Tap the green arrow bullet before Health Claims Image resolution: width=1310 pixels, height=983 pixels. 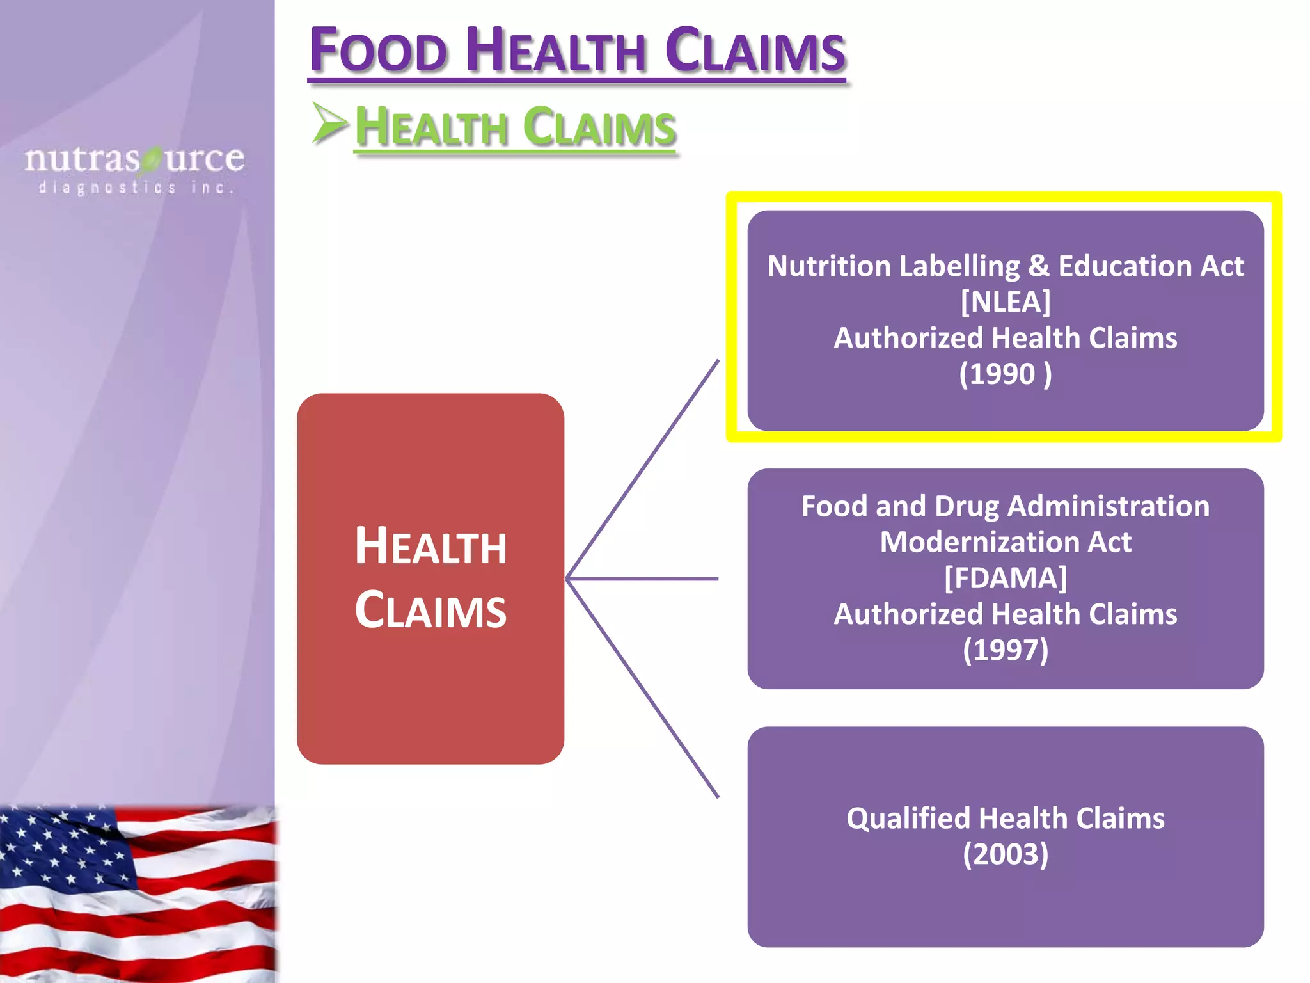pos(329,123)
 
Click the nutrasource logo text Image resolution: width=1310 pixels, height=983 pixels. pos(134,159)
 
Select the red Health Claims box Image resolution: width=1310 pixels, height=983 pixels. pos(430,578)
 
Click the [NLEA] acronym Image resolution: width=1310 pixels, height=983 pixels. pos(1005,302)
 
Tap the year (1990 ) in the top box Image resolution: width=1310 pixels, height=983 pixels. pos(1005,374)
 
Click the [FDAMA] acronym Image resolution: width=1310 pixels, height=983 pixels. pos(1005,578)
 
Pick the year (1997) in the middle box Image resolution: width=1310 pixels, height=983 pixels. pos(1005,650)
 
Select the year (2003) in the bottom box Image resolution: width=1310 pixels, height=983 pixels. pos(1005,854)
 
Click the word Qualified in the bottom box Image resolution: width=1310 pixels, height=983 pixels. pos(909,819)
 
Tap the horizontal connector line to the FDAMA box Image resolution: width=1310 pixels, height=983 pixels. pos(643,579)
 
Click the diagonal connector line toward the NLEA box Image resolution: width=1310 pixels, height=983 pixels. pos(643,468)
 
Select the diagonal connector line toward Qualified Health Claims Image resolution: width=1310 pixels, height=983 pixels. pos(643,688)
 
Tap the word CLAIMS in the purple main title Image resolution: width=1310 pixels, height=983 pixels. pos(755,51)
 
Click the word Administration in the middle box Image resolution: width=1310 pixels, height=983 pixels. pos(1108,506)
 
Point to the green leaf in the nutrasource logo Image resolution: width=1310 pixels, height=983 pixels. pos(152,159)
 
